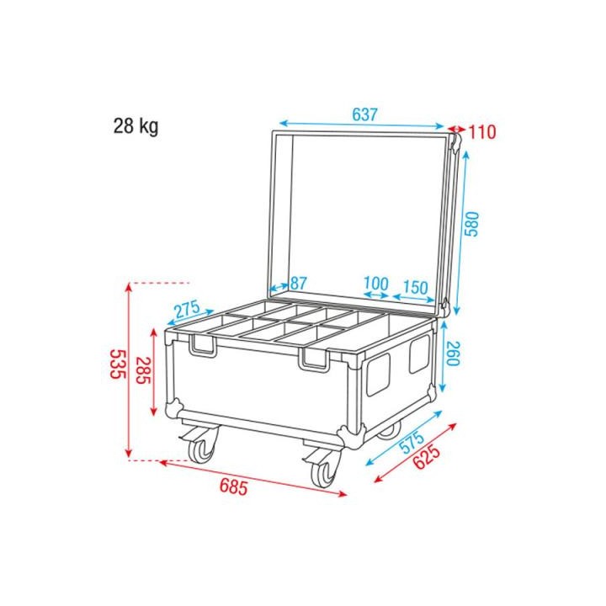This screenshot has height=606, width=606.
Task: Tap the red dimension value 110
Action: tap(483, 132)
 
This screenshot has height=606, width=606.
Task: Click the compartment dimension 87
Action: tap(299, 283)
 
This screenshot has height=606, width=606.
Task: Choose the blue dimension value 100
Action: tap(376, 283)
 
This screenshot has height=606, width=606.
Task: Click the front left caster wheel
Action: tap(202, 449)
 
